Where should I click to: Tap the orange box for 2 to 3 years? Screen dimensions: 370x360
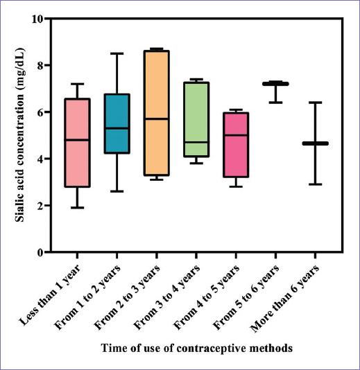click(157, 152)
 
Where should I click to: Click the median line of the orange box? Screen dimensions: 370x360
click(157, 118)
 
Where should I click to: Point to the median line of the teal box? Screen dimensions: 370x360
click(117, 128)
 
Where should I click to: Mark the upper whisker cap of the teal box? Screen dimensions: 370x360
click(117, 53)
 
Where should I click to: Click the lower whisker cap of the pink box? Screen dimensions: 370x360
click(77, 207)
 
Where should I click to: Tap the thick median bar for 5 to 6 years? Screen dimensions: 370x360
click(275, 84)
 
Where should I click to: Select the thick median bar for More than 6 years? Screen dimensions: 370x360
click(315, 143)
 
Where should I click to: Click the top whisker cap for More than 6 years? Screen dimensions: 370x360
click(315, 103)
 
